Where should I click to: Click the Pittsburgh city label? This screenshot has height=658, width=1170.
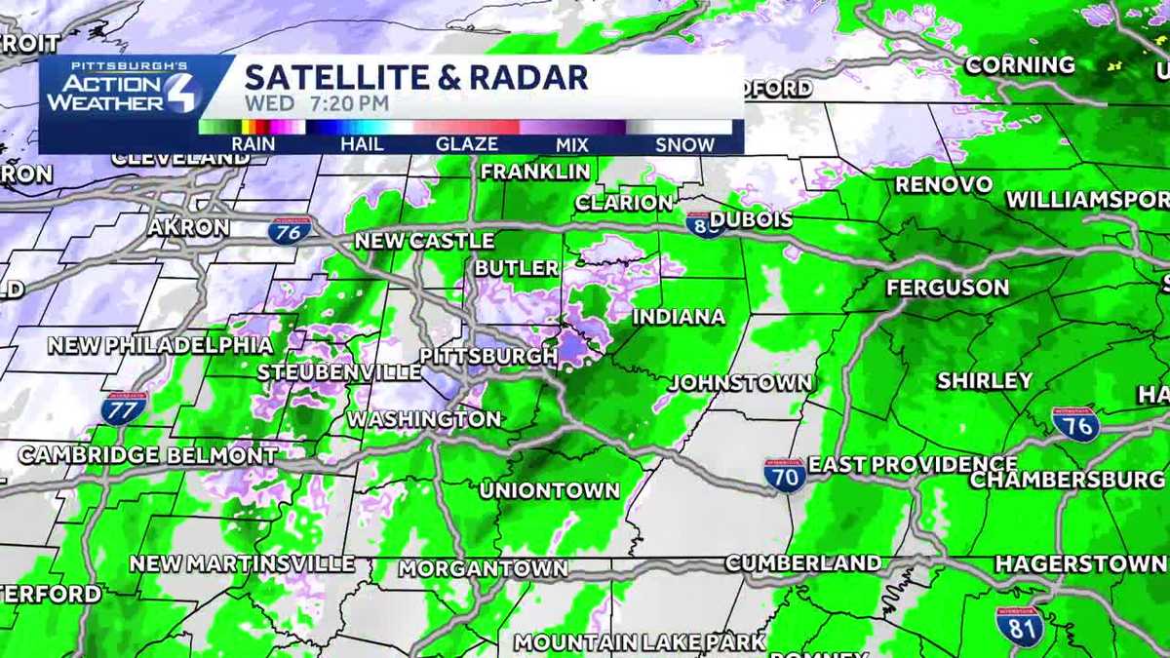click(x=488, y=356)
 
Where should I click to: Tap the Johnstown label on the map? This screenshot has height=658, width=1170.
click(x=740, y=382)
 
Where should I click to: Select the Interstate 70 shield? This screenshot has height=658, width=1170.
click(x=785, y=475)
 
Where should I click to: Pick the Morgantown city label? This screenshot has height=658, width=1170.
click(x=483, y=567)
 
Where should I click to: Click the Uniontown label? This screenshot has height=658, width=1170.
click(x=549, y=490)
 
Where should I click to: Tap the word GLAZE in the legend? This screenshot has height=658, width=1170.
click(x=466, y=144)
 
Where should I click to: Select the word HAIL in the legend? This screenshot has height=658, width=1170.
click(x=362, y=144)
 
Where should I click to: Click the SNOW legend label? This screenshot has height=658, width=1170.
click(x=684, y=144)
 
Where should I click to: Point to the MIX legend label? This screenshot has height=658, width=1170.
click(x=571, y=144)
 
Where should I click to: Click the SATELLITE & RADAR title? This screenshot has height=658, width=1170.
click(x=416, y=77)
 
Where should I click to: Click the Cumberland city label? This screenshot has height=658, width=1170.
click(x=803, y=563)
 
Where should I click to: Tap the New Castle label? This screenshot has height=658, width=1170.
click(x=424, y=241)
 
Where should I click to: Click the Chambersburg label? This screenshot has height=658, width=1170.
click(x=1068, y=480)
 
